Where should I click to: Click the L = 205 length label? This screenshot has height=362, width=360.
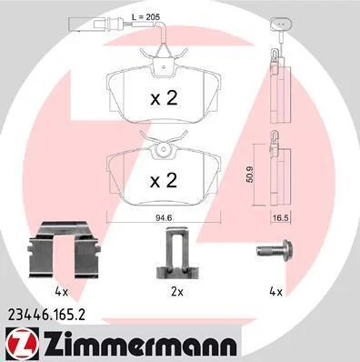click(145, 17)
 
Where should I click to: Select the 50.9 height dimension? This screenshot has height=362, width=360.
click(250, 174)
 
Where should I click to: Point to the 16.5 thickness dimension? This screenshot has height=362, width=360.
click(280, 218)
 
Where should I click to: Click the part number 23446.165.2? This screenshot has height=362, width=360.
click(45, 315)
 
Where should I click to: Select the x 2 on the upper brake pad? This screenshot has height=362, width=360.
click(164, 99)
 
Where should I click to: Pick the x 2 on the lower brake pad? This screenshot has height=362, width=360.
click(164, 180)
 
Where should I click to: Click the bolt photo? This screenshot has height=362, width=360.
click(275, 250)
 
